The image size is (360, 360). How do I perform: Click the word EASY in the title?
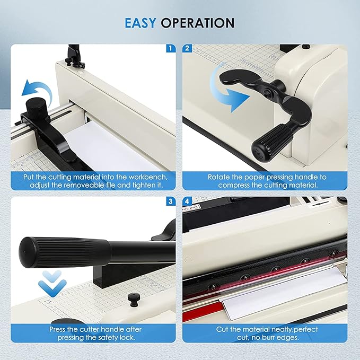coord(142,23)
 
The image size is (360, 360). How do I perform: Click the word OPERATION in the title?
coord(197,23)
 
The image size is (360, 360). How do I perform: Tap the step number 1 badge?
coord(170,48)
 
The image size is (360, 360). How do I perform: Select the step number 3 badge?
coord(170,201)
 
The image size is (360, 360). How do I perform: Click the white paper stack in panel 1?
coord(117,148)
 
